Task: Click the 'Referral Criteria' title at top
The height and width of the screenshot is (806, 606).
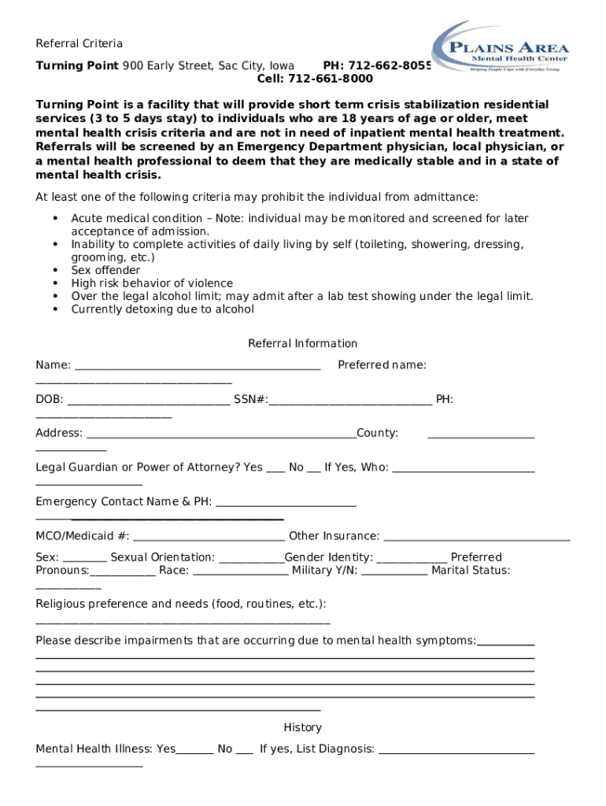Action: pos(79,43)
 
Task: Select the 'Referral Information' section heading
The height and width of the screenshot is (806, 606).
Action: pos(302,343)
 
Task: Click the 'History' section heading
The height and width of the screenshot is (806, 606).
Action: pos(302,727)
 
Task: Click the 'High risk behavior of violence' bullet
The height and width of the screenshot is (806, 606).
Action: pos(152,283)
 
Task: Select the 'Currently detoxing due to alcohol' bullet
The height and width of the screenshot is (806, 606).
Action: pos(162,309)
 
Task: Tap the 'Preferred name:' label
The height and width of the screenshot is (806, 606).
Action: pos(382,364)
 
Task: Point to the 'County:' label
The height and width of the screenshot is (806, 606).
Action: pos(377,433)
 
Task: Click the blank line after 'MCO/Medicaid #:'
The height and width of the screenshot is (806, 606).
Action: pos(209,538)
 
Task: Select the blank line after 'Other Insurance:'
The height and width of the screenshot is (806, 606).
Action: pos(476,538)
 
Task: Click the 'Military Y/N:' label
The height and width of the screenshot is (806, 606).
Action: pos(324,570)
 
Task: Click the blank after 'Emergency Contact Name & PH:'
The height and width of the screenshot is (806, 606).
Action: pos(286,504)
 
